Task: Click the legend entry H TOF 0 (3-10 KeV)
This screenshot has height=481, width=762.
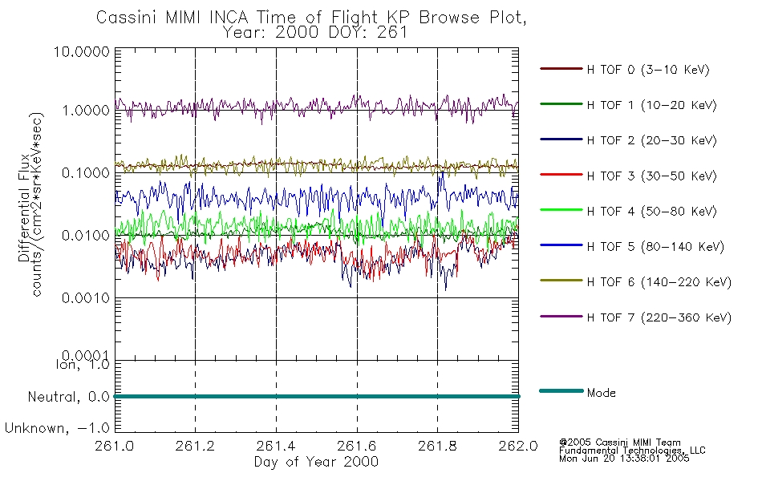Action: [648, 71]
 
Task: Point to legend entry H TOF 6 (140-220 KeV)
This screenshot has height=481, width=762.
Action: [659, 282]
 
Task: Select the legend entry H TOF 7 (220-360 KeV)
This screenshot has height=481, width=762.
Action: [659, 317]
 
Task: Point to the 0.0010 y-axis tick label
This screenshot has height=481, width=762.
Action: [84, 297]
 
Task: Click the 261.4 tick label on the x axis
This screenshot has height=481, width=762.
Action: [276, 447]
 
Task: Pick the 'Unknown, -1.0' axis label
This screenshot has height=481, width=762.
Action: [58, 428]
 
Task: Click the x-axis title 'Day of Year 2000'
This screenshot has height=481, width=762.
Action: [316, 462]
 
